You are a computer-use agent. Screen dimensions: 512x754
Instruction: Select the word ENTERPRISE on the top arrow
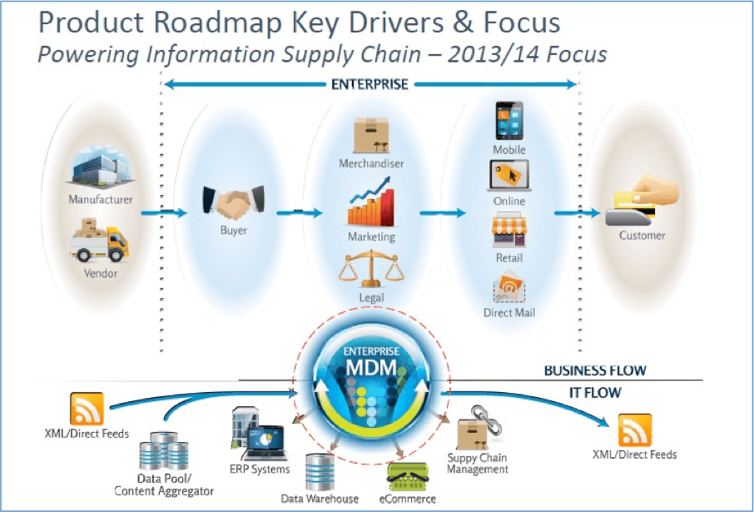pos(370,85)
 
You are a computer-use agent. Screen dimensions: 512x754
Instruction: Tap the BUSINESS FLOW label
pos(594,370)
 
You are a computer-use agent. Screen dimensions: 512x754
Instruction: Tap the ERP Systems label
pos(260,469)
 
